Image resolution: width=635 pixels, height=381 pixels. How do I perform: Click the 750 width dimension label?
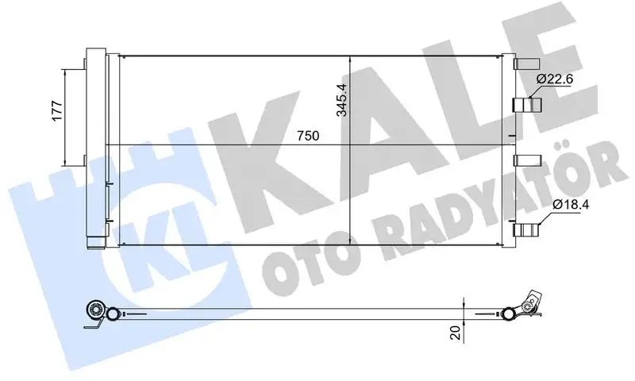[x=308, y=136]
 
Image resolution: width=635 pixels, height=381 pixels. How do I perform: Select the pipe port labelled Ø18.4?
[x=526, y=230]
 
